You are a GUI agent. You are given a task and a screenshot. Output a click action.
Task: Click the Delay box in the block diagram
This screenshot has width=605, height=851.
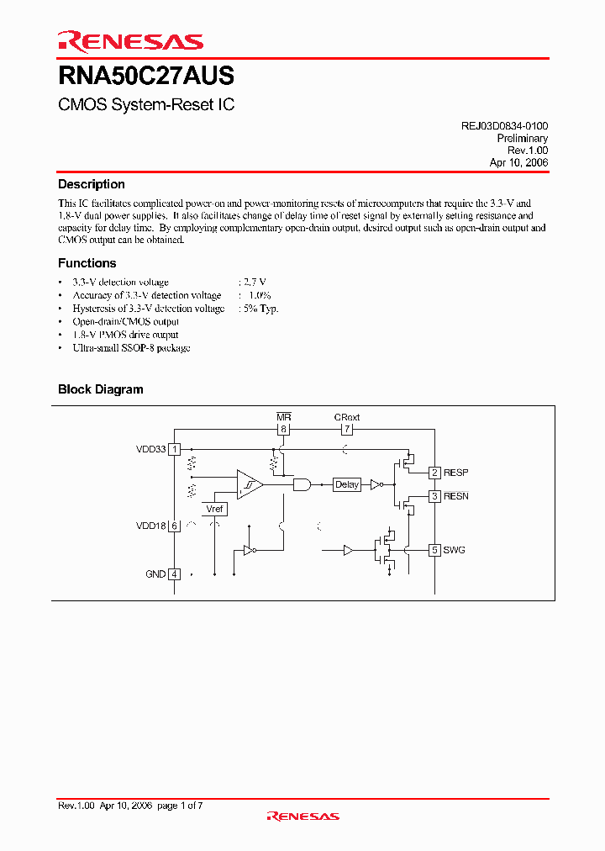(x=347, y=484)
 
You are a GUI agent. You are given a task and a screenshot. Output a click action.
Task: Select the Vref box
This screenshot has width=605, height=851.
(x=215, y=509)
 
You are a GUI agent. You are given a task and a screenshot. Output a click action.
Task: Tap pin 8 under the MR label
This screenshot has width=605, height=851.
(x=283, y=429)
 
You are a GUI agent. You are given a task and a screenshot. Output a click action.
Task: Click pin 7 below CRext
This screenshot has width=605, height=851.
(x=347, y=429)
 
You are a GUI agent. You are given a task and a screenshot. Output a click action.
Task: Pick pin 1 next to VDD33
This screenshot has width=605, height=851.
(x=174, y=449)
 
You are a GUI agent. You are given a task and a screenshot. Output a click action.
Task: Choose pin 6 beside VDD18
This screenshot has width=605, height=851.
(x=174, y=526)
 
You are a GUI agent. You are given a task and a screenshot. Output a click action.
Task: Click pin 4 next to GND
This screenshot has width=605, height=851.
(x=174, y=574)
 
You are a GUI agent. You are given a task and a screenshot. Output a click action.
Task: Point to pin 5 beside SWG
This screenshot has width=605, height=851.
(x=434, y=550)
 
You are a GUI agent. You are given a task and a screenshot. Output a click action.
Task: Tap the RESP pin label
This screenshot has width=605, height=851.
(x=457, y=473)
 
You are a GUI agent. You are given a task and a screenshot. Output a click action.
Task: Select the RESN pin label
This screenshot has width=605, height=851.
(x=457, y=496)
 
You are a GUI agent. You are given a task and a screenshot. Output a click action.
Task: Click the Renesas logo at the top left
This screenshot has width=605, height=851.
(x=130, y=41)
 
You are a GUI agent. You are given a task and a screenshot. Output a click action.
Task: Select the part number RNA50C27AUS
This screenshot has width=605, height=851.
(x=146, y=77)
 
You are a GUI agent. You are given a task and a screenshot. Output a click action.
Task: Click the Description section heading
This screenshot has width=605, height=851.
(x=92, y=184)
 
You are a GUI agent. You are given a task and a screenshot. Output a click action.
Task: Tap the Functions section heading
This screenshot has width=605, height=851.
(x=87, y=263)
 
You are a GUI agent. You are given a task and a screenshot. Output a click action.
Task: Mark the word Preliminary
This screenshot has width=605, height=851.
(x=522, y=138)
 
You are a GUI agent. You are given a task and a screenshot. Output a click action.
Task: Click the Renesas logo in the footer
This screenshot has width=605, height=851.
(x=302, y=816)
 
